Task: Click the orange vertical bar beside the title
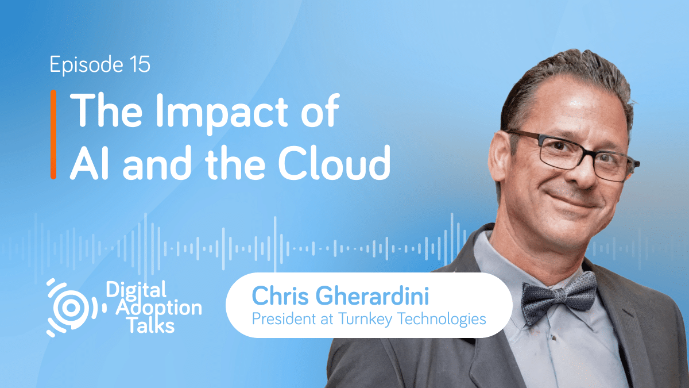(53, 134)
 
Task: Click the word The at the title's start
(103, 112)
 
